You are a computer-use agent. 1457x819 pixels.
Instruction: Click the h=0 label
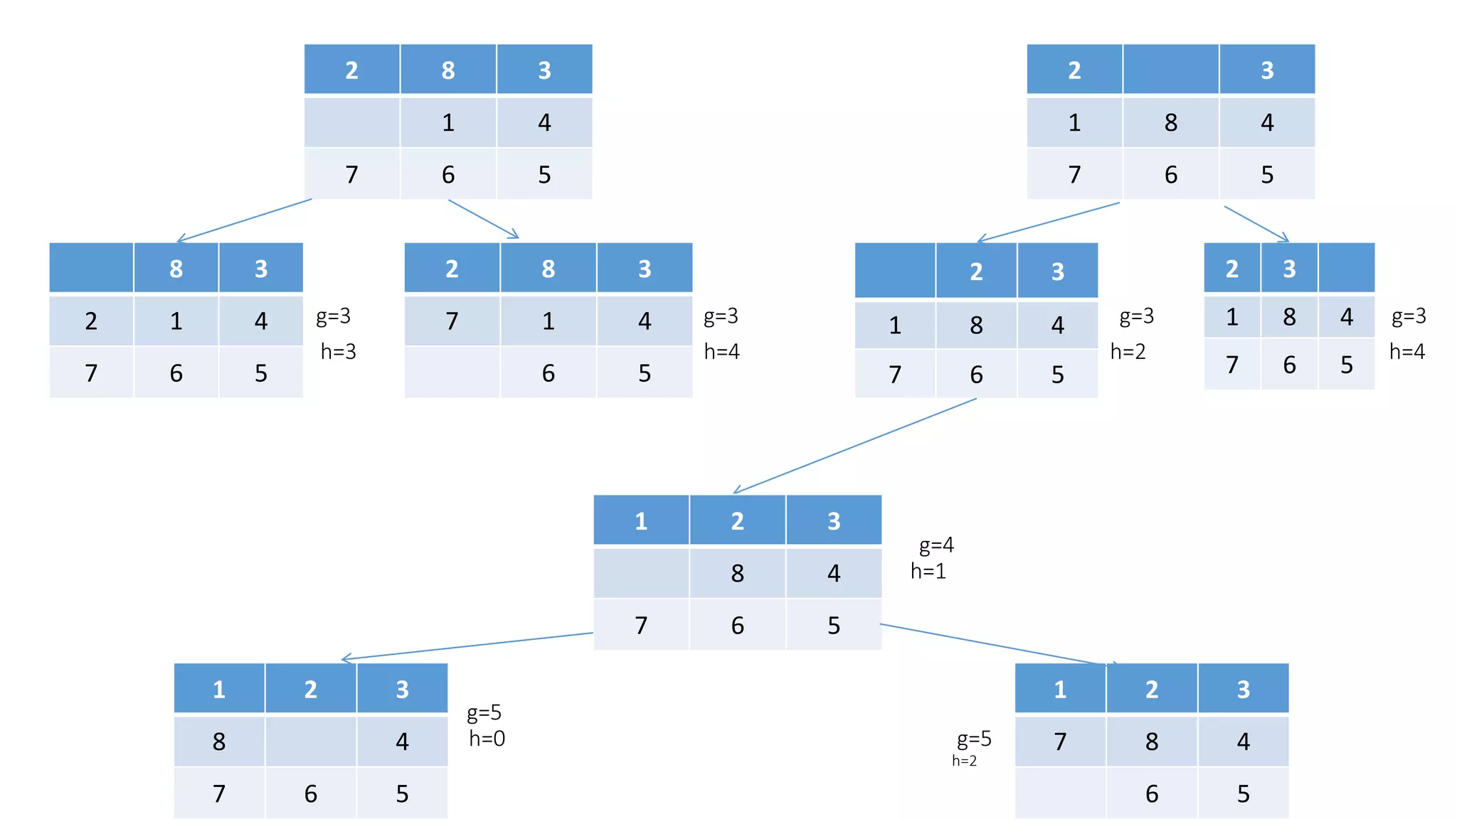pos(487,739)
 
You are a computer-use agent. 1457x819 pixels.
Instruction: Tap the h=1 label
pos(928,571)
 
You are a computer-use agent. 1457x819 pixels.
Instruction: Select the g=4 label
pos(936,545)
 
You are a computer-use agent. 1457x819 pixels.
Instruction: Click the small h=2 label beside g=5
pos(964,761)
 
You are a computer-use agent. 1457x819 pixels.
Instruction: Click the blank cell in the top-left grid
pos(351,122)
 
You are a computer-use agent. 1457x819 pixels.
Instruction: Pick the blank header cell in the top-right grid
pos(1170,69)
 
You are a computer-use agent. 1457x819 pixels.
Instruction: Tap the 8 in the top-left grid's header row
pos(448,70)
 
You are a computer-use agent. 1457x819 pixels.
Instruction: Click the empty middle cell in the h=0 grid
pos(310,742)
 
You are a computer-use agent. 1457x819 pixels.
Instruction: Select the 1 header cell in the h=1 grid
pos(641,520)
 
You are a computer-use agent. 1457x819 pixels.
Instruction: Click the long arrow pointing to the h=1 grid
pos(854,445)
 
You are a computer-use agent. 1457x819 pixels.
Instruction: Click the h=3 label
pos(338,351)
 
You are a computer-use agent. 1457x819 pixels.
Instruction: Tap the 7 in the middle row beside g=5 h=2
pos(1060,742)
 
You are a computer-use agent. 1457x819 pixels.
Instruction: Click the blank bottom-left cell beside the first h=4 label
pos(452,373)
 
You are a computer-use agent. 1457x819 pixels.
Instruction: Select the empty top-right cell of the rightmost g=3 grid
pos(1346,268)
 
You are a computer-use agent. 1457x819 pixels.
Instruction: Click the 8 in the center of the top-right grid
pos(1170,122)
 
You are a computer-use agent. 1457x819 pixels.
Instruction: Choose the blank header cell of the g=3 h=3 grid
pos(91,268)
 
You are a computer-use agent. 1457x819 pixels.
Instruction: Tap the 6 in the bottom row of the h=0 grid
pos(310,793)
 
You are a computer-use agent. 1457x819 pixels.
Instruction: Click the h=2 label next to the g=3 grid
pos(1128,351)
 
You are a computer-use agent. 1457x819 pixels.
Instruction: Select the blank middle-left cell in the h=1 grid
pos(641,573)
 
